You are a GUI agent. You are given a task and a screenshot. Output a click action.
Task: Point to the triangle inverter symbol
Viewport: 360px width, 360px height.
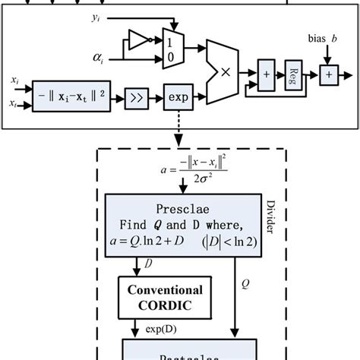[x=141, y=39]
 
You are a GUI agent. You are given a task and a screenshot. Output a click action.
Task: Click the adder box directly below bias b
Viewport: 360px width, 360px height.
[x=327, y=74]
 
